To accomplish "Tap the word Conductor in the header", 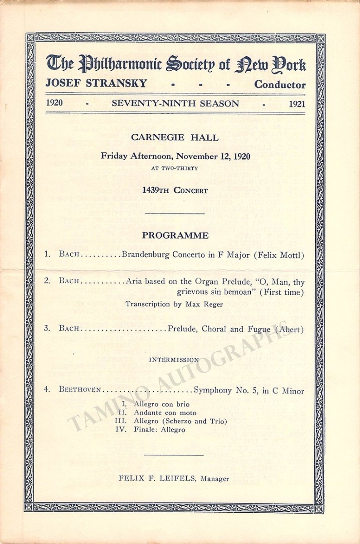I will click(x=280, y=84).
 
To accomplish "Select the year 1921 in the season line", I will click(x=297, y=104).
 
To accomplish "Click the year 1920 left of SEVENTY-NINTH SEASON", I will click(x=54, y=103).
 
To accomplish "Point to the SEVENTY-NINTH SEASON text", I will click(x=175, y=103).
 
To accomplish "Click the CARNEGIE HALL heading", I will click(x=175, y=137).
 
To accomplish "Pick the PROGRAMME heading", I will click(x=175, y=236).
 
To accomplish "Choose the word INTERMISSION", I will click(x=174, y=359).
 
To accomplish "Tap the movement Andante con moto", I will click(x=165, y=413).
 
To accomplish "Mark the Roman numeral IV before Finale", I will click(x=121, y=429).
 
